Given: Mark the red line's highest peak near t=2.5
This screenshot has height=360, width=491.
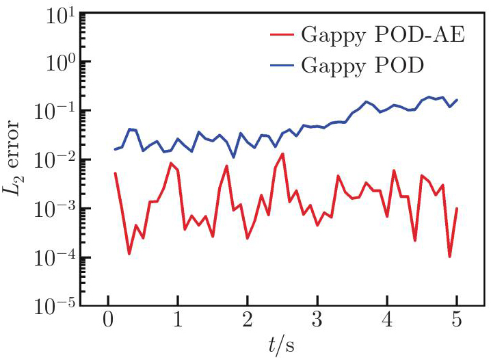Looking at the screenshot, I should tap(282, 154).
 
